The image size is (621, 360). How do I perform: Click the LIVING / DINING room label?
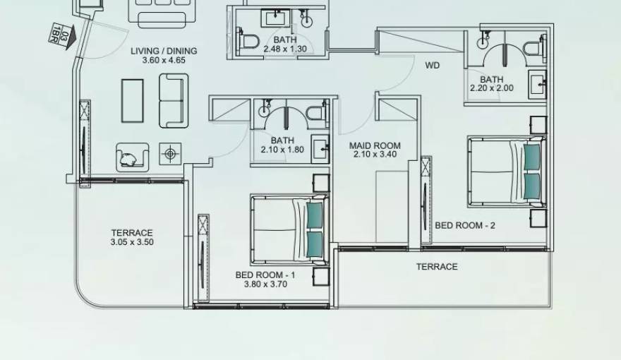click(164, 51)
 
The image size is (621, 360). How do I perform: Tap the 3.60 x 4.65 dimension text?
click(164, 61)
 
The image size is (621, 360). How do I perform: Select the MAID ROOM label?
click(375, 145)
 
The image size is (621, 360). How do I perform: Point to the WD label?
click(432, 65)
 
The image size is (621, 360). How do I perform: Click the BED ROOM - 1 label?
click(265, 275)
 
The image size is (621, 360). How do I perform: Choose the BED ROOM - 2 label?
click(465, 225)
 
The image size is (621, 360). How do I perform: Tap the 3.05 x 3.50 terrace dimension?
click(132, 242)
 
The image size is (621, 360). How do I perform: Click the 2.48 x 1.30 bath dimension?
click(285, 49)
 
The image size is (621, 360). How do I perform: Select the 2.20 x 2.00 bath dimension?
click(492, 88)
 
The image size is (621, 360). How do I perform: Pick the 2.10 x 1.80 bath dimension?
click(282, 150)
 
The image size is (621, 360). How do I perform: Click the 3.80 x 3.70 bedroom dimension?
click(265, 284)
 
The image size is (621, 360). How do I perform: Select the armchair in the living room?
click(132, 157)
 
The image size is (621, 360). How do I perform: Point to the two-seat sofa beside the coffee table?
click(174, 101)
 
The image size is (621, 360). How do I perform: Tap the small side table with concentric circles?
click(169, 152)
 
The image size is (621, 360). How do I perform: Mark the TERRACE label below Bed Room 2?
click(436, 266)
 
